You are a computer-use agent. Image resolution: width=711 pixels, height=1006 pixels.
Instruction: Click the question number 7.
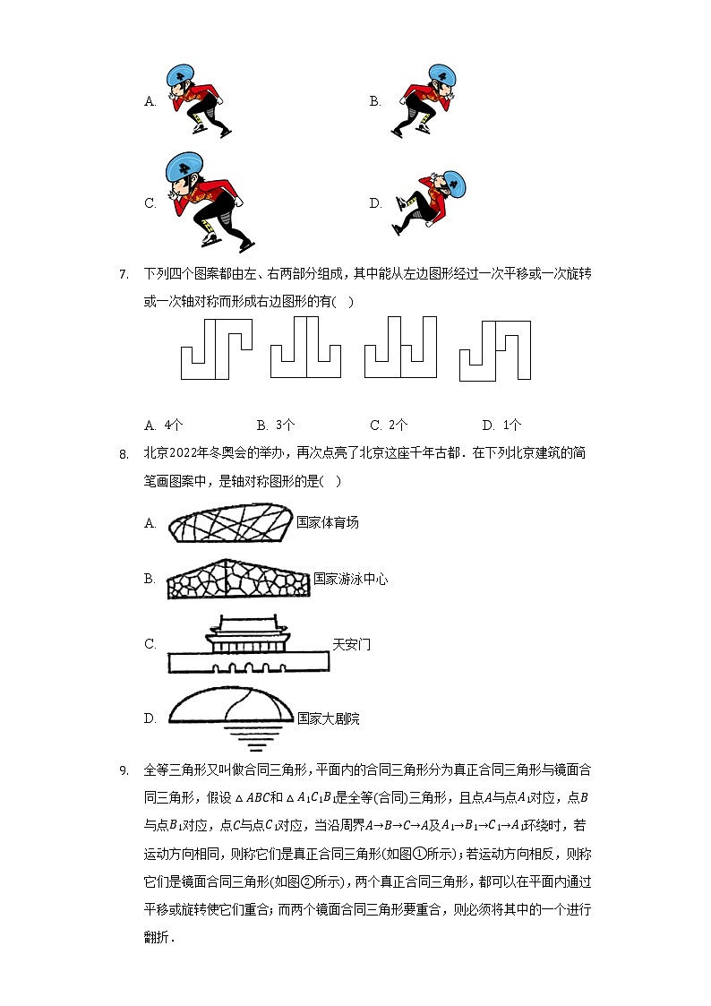[x=124, y=274]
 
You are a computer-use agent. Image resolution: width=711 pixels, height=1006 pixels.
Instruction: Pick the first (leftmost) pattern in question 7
[x=216, y=348]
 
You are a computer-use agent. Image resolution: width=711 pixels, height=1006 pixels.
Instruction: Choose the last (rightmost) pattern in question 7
[x=495, y=349]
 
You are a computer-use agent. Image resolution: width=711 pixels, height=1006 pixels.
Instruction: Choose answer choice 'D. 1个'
[x=501, y=425]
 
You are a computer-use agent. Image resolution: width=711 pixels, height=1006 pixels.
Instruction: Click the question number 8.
[x=124, y=454]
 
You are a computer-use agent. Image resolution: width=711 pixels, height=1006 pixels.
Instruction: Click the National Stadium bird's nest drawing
[x=229, y=522]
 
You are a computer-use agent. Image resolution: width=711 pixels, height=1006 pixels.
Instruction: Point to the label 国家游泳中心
[x=351, y=580]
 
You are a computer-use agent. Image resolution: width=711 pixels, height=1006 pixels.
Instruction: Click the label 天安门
[x=351, y=644]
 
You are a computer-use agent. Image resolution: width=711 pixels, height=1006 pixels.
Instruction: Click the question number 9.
[x=124, y=770]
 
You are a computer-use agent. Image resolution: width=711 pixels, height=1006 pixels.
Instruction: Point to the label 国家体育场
[x=328, y=522]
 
